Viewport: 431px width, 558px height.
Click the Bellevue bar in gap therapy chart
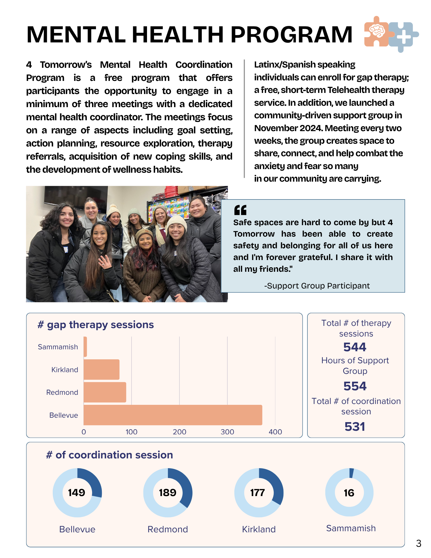pyautogui.click(x=173, y=415)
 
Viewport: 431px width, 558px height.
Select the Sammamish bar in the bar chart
pyautogui.click(x=85, y=347)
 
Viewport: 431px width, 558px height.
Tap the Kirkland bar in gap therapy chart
pyautogui.click(x=102, y=369)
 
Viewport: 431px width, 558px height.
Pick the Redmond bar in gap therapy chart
pyautogui.click(x=105, y=392)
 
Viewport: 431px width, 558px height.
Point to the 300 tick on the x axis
pyautogui.click(x=227, y=432)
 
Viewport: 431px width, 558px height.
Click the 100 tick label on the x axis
pyautogui.click(x=131, y=432)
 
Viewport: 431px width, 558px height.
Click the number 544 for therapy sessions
pyautogui.click(x=355, y=347)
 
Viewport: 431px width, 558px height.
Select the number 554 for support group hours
pyautogui.click(x=355, y=386)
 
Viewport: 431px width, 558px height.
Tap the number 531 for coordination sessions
pyautogui.click(x=355, y=427)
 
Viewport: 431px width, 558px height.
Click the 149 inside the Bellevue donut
pyautogui.click(x=77, y=493)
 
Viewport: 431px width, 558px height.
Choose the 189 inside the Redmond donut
pyautogui.click(x=168, y=493)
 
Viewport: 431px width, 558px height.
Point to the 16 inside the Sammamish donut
pyautogui.click(x=349, y=493)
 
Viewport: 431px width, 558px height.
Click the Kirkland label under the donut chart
pyautogui.click(x=259, y=529)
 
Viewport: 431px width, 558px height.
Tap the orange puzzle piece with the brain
pyautogui.click(x=377, y=31)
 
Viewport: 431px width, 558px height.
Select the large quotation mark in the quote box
pyautogui.click(x=240, y=210)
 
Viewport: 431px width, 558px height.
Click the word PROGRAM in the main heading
pyautogui.click(x=291, y=35)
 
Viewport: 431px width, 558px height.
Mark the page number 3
pyautogui.click(x=418, y=543)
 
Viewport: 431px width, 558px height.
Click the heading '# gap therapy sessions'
pyautogui.click(x=96, y=325)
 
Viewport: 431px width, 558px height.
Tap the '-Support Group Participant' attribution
pyautogui.click(x=317, y=286)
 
